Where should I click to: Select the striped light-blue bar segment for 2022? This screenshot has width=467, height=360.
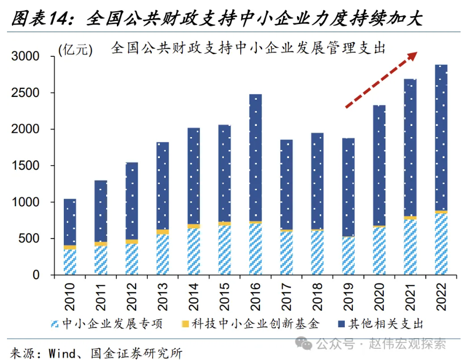point(441,244)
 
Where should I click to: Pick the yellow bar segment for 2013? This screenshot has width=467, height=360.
point(163,232)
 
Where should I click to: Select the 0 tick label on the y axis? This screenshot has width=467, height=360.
point(36,275)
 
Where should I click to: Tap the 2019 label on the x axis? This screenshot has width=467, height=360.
point(349,298)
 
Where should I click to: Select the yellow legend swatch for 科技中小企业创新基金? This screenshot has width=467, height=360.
point(186,324)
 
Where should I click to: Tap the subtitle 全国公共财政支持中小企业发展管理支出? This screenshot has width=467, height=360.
point(249,48)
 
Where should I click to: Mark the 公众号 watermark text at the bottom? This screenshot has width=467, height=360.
point(333,343)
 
